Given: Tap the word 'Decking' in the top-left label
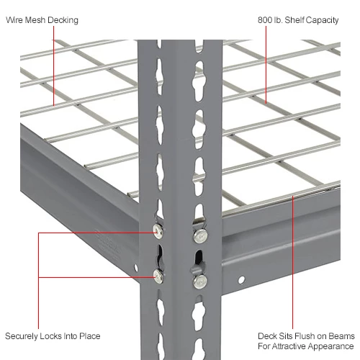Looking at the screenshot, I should point(64,20).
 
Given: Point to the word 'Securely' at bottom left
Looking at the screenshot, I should point(22,336).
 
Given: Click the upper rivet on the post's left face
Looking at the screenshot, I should point(158,229).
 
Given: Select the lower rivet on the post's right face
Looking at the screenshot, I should point(201,279).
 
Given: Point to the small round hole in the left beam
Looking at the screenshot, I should point(134,268).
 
